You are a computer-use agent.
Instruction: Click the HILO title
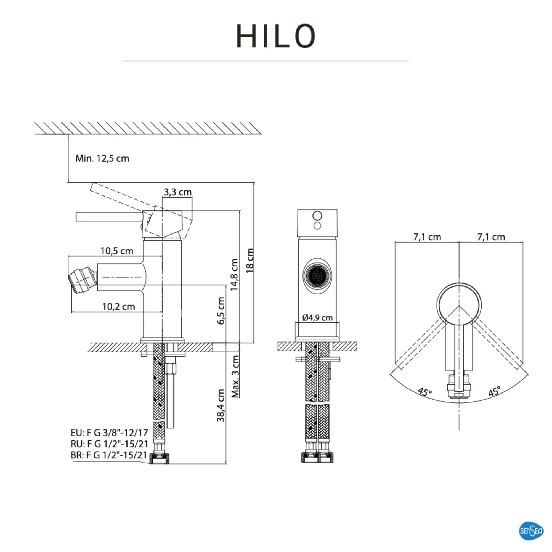[276, 36]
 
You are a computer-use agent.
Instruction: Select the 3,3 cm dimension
[177, 192]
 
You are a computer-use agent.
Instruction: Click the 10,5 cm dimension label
[116, 251]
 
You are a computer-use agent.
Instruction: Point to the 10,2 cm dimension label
[118, 307]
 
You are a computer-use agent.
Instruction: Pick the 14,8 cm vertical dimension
[235, 275]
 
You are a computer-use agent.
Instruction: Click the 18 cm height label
[250, 260]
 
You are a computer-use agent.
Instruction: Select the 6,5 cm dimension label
[221, 310]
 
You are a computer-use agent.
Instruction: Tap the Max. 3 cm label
[235, 376]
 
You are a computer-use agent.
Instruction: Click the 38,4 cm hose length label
[220, 405]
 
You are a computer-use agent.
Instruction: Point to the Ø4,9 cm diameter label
[317, 317]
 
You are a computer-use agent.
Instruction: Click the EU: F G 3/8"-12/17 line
[109, 432]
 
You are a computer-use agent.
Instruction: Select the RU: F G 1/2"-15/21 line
[109, 444]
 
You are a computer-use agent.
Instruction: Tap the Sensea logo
[531, 531]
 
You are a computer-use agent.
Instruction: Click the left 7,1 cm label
[427, 237]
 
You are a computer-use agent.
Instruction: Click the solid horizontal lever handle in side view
[108, 217]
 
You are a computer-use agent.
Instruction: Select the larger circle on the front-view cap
[317, 216]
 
